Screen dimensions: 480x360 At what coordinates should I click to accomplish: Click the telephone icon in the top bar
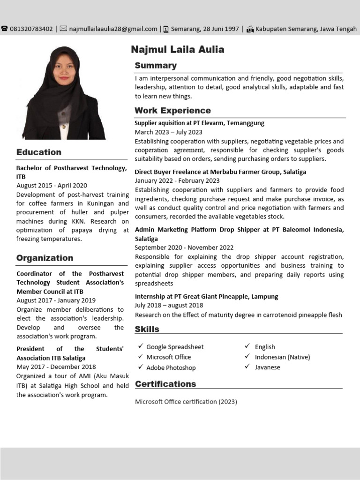(x=5, y=29)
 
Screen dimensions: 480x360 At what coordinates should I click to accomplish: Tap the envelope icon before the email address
(x=63, y=29)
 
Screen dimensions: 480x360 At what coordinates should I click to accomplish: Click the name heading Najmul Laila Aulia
(x=178, y=49)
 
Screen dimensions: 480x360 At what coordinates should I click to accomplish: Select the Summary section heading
(x=156, y=66)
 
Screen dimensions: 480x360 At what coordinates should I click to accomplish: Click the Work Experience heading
(x=172, y=111)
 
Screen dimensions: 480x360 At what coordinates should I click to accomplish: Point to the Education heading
(x=39, y=152)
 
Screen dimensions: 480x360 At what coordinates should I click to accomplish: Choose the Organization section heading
(x=45, y=258)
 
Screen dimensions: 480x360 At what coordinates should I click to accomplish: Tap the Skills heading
(x=147, y=329)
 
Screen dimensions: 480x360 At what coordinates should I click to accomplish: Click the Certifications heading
(x=165, y=384)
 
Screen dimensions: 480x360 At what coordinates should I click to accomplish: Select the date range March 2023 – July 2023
(x=168, y=132)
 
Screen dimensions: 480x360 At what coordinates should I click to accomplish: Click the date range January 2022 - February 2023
(x=177, y=180)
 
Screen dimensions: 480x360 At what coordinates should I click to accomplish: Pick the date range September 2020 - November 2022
(x=184, y=247)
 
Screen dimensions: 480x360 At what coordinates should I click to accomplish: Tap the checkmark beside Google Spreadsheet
(x=140, y=346)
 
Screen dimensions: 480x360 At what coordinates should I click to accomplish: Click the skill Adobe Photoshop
(x=171, y=368)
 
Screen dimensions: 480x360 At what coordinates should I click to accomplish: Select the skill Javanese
(x=268, y=367)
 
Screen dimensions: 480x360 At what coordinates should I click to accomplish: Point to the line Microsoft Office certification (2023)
(x=186, y=402)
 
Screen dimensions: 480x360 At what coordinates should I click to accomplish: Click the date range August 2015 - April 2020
(x=52, y=186)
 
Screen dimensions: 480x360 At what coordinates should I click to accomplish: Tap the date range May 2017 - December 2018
(x=56, y=367)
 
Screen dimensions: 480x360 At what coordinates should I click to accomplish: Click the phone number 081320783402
(x=31, y=29)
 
